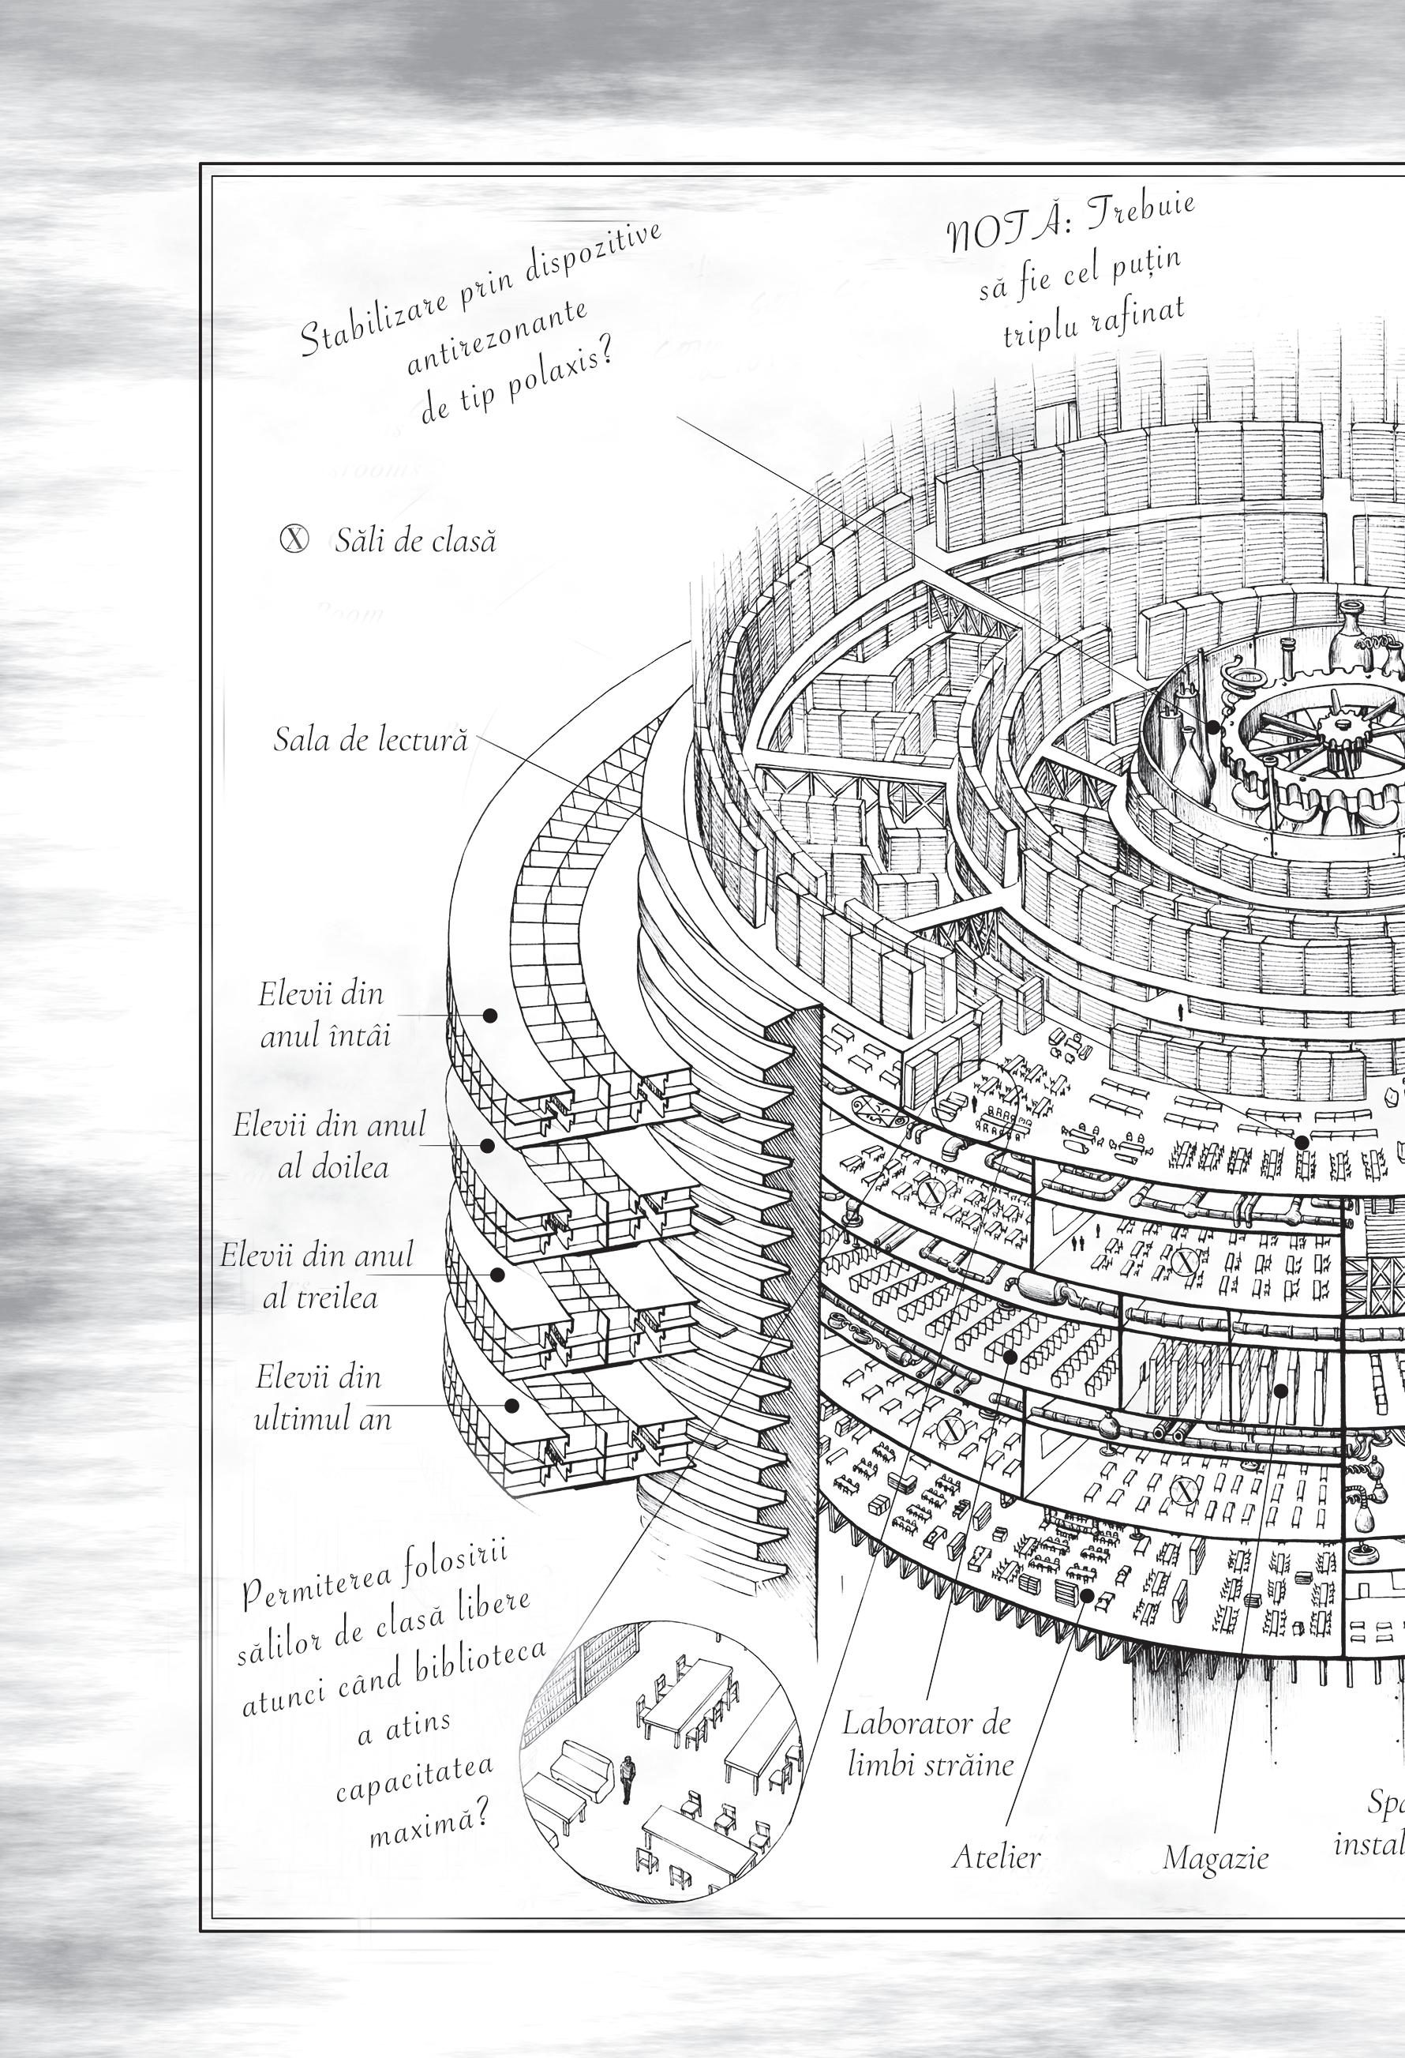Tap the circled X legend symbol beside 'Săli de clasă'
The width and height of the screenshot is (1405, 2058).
pos(294,539)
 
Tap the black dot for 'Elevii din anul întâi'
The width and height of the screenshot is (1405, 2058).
pos(489,1016)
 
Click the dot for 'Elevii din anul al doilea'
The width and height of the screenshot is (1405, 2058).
pos(486,1145)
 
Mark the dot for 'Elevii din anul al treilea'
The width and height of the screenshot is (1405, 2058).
pos(497,1275)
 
